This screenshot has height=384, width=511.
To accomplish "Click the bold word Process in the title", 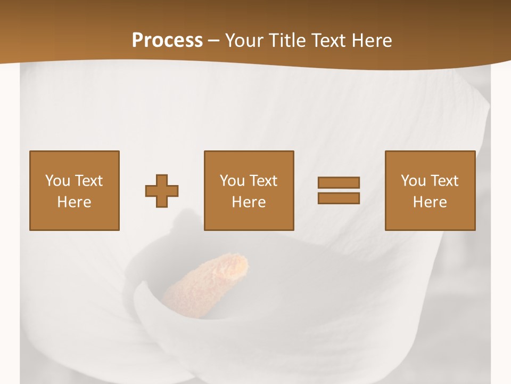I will (x=167, y=41).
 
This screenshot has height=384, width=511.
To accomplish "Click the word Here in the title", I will (x=374, y=41).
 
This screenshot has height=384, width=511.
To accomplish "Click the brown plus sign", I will (x=162, y=191).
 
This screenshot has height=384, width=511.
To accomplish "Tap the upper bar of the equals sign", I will (x=339, y=182).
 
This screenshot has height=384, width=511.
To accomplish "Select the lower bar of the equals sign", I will (x=339, y=198).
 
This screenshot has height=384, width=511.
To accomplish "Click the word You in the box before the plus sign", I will (x=57, y=181).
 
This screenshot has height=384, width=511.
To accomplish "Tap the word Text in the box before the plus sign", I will (x=88, y=181).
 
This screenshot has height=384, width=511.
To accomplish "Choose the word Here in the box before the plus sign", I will (x=74, y=202).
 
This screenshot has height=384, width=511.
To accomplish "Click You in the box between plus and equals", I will (x=232, y=181).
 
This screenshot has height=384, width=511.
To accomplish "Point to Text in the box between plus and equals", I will (x=263, y=181).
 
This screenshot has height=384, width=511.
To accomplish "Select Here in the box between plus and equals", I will (x=249, y=202).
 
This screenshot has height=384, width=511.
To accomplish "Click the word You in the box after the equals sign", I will (x=413, y=181).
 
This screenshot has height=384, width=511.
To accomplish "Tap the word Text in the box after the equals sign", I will (x=444, y=181).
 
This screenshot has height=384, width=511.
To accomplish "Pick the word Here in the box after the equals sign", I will (x=430, y=202).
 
